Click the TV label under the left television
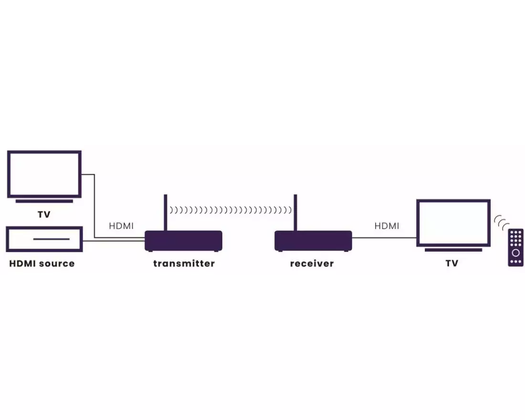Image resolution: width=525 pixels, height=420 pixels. coord(44,215)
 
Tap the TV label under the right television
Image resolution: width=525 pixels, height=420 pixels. coord(452,263)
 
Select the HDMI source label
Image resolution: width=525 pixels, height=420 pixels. coord(42,263)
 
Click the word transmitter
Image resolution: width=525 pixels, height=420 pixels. coord(184,263)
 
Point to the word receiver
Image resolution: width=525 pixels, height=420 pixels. coord(312,263)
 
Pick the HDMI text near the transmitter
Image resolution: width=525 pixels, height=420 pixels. coord(121,226)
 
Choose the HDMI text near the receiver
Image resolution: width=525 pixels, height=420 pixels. coord(387,226)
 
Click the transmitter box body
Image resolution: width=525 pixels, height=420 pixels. coord(183,241)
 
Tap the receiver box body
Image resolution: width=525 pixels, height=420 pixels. coord(313,241)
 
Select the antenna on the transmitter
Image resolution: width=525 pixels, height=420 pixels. coord(166,212)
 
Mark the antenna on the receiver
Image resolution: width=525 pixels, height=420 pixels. coord(295,212)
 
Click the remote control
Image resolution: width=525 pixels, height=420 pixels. coord(515,247)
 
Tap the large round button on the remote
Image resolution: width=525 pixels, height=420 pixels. coord(515,253)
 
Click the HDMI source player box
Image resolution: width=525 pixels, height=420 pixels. coord(44,239)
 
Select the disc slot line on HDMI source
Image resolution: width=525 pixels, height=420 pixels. coord(52,239)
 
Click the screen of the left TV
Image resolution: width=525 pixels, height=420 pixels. coord(44,174)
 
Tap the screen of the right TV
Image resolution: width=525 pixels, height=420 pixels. coord(453,222)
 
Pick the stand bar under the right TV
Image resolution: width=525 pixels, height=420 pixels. coord(453,250)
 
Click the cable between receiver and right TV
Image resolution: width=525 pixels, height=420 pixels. coord(384,237)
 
